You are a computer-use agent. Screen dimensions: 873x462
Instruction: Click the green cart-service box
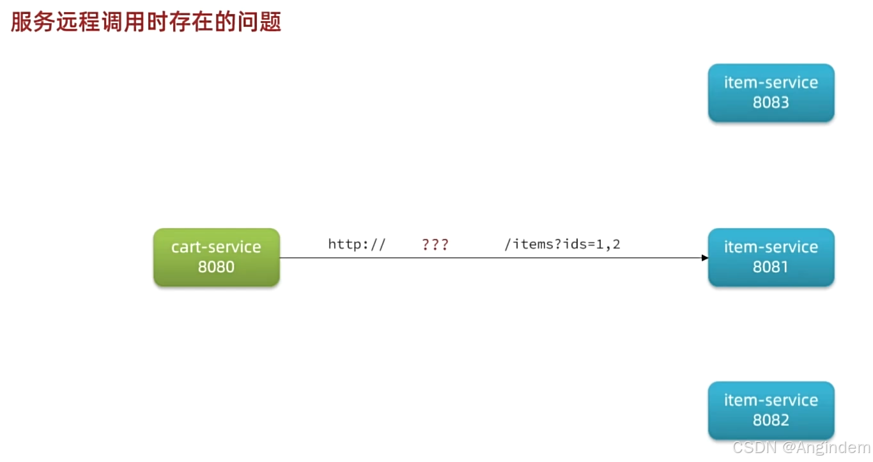(x=216, y=257)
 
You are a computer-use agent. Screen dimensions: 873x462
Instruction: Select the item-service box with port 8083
(x=771, y=93)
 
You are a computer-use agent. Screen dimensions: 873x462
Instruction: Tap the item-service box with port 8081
(x=771, y=257)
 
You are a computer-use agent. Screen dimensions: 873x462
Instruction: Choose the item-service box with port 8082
(x=771, y=410)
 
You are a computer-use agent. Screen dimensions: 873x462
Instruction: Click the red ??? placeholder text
(x=435, y=244)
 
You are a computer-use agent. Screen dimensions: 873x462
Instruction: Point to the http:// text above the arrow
(x=357, y=244)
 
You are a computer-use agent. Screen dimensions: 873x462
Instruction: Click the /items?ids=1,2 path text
(x=562, y=244)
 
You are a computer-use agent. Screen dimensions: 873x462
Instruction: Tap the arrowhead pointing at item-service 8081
(x=704, y=258)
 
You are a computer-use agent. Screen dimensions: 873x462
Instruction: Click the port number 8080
(x=216, y=267)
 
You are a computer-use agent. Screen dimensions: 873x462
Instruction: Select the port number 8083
(x=771, y=103)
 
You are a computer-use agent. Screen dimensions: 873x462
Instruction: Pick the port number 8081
(x=771, y=267)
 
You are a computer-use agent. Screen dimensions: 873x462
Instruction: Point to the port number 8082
(x=771, y=420)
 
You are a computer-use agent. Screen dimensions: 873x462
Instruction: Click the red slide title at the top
(x=146, y=22)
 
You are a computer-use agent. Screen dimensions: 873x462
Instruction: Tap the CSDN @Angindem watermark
(x=801, y=447)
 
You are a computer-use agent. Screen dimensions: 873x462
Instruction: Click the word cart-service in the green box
(x=216, y=247)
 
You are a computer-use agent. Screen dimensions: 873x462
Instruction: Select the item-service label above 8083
(x=771, y=83)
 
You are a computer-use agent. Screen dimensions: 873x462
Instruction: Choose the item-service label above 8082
(x=771, y=401)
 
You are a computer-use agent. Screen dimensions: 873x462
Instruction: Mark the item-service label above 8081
(x=771, y=247)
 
